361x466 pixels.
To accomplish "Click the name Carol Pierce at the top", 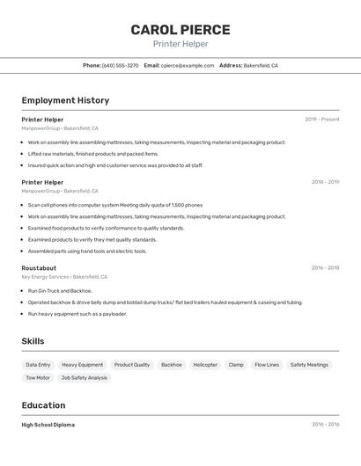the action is (180, 29).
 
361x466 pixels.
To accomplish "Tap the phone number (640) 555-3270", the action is (120, 65).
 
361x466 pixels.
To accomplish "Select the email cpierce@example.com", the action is (188, 65).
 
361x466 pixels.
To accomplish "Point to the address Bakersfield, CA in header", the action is (261, 65).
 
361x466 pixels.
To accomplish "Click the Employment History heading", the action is (65, 100).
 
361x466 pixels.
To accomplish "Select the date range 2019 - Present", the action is (322, 120).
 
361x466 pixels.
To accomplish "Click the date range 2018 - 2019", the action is (325, 182).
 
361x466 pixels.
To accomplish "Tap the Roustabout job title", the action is (39, 268).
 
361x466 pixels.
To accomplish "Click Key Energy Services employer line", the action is (64, 277).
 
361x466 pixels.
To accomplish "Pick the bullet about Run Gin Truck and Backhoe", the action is (60, 290).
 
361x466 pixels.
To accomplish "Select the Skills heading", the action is (33, 341).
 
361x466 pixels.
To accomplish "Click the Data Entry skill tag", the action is (38, 365).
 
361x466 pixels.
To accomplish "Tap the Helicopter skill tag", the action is (205, 365).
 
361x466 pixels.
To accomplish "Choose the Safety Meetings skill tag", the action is (309, 365).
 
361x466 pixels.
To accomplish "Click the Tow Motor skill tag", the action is (38, 378).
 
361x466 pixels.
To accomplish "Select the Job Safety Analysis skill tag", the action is (85, 378).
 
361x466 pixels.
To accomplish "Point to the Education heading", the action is (43, 405).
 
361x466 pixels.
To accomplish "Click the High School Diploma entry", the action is (48, 425).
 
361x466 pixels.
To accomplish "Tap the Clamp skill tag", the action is (236, 365).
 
